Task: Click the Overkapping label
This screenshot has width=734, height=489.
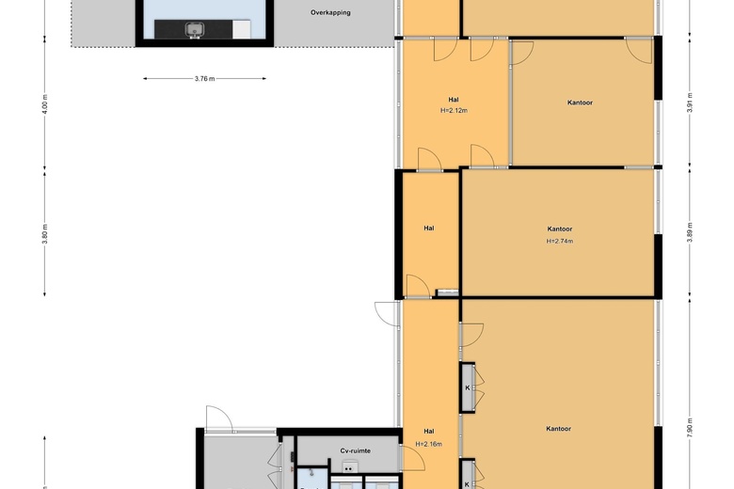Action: pos(330,12)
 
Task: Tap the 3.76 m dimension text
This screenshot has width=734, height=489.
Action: pos(204,79)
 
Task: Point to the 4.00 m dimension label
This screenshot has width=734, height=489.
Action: pos(45,103)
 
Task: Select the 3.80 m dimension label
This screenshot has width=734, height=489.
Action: pos(45,234)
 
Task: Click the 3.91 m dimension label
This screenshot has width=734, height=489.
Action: pos(690,103)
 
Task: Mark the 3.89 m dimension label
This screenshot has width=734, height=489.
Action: pos(690,232)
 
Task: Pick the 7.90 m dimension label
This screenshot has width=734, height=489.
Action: pos(690,428)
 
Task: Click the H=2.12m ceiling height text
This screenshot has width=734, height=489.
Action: pos(454,111)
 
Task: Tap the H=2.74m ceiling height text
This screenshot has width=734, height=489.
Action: pos(560,242)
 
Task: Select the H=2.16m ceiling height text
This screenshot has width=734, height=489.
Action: pos(429,444)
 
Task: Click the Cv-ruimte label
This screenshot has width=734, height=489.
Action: pos(356,451)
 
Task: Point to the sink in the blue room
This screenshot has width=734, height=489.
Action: pos(194,29)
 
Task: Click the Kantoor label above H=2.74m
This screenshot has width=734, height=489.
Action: pos(560,229)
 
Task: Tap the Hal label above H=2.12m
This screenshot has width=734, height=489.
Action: pos(454,100)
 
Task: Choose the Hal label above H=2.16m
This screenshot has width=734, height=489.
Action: pos(429,432)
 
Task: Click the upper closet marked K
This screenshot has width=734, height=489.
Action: pos(467,388)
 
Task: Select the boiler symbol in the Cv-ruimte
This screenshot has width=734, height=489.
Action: pos(348,466)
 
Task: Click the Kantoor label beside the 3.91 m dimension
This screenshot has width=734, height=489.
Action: pos(580,103)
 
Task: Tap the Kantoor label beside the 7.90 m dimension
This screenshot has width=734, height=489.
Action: pos(558,429)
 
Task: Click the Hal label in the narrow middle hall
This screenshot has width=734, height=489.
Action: pos(429,229)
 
